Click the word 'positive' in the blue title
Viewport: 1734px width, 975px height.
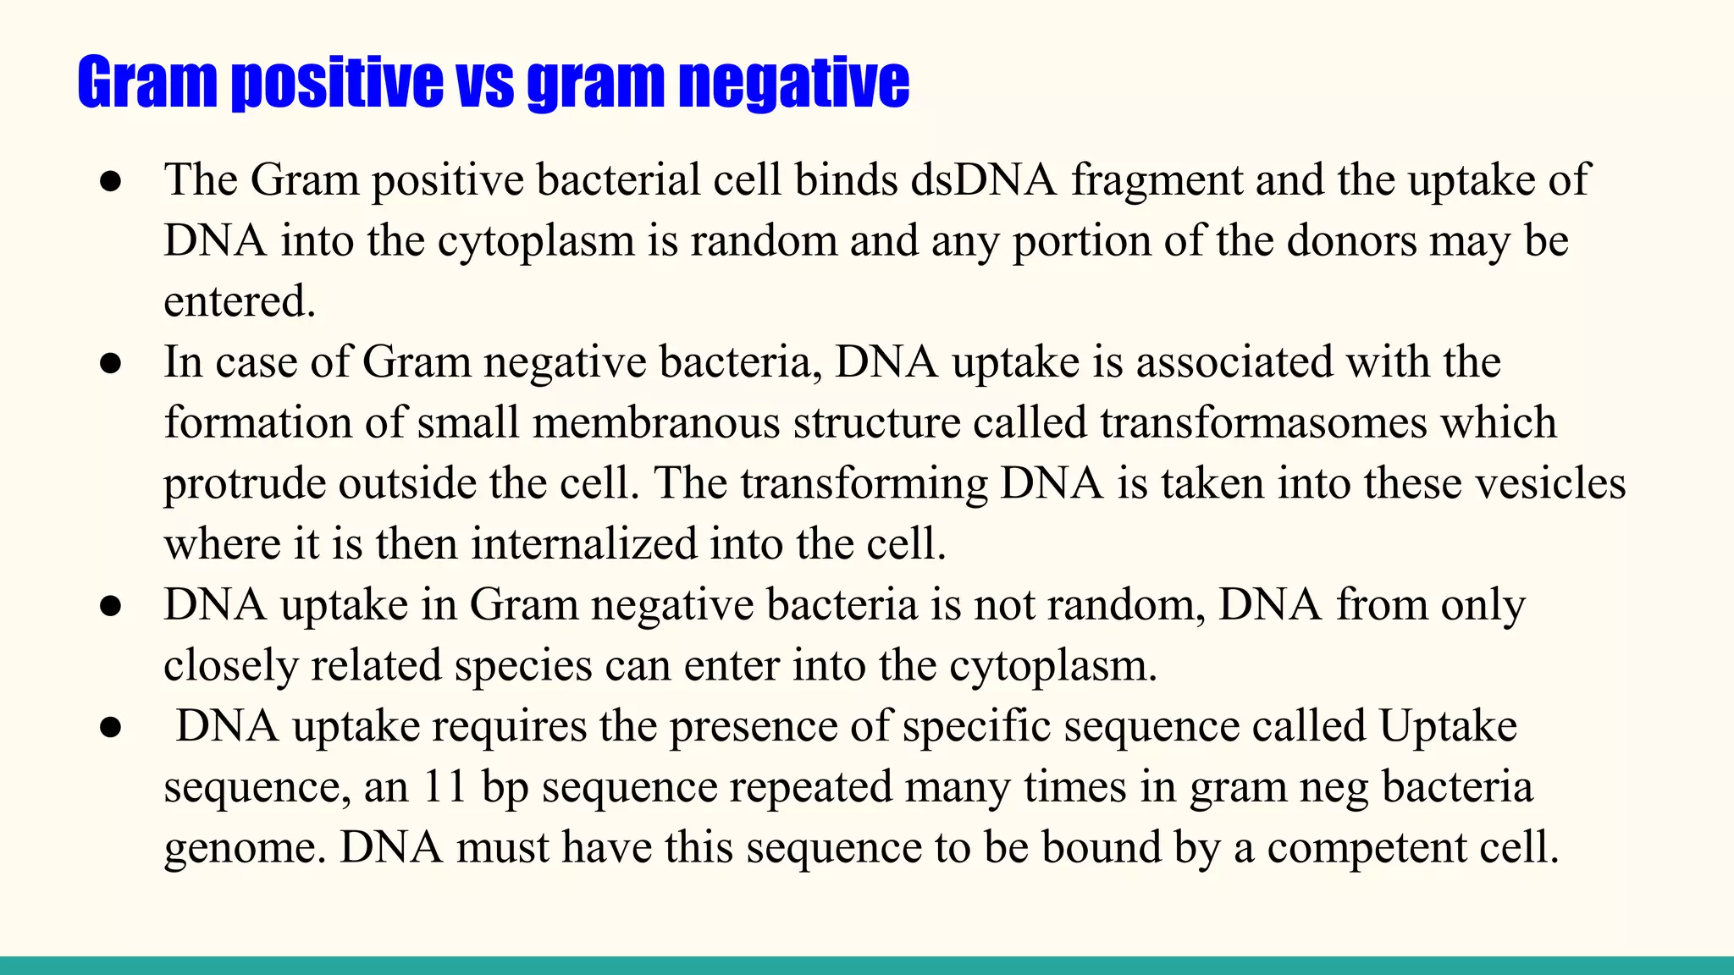pyautogui.click(x=337, y=83)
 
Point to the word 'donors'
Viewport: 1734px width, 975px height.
pyautogui.click(x=1351, y=241)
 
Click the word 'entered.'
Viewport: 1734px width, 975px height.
pyautogui.click(x=240, y=302)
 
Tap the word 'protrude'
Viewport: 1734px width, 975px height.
pyautogui.click(x=245, y=484)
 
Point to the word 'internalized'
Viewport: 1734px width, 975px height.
pyautogui.click(x=583, y=544)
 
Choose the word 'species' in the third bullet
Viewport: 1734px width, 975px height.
pyautogui.click(x=523, y=665)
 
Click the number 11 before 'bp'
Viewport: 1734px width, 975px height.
pyautogui.click(x=445, y=786)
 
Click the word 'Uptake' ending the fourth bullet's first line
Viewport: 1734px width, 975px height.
pyautogui.click(x=1447, y=726)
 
